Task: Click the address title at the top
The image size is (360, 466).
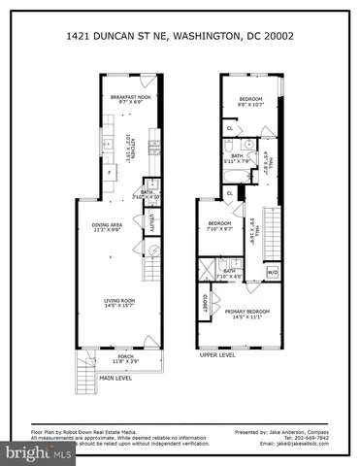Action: [x=180, y=36]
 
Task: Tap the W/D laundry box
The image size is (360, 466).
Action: [x=273, y=273]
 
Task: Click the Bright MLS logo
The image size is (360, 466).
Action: [x=34, y=453]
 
